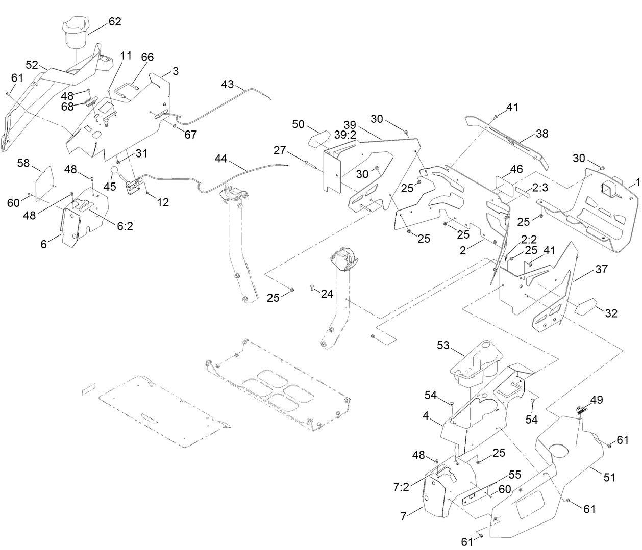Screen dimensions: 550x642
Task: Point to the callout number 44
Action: tap(220, 159)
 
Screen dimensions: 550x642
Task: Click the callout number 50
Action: tap(298, 125)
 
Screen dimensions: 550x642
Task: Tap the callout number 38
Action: tap(541, 134)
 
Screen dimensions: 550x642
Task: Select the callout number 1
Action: tap(636, 182)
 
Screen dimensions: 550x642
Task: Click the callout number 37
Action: tap(601, 269)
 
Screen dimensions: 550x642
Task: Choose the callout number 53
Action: tap(443, 346)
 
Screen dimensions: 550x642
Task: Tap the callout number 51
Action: tap(609, 478)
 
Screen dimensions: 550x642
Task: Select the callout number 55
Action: tap(515, 474)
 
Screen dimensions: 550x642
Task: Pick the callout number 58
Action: tap(23, 163)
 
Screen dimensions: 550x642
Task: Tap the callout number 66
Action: tap(147, 57)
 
